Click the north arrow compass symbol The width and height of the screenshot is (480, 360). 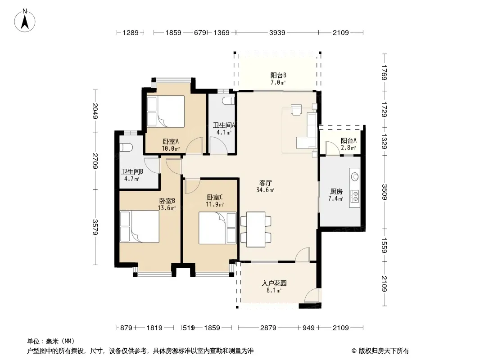pyautogui.click(x=25, y=21)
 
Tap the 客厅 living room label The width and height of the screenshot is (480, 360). pyautogui.click(x=265, y=183)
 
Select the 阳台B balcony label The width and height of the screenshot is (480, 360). pyautogui.click(x=278, y=75)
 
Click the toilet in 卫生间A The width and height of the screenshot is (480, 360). pyautogui.click(x=229, y=100)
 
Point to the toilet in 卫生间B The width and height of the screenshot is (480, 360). pyautogui.click(x=126, y=147)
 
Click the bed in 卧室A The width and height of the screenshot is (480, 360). pyautogui.click(x=166, y=111)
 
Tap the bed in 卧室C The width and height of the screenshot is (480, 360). pyautogui.click(x=217, y=228)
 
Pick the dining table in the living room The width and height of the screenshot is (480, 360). pyautogui.click(x=256, y=229)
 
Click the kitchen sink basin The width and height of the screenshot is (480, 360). pyautogui.click(x=355, y=176)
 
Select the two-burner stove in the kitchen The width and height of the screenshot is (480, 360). pyautogui.click(x=355, y=196)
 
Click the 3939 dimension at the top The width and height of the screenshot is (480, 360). pyautogui.click(x=277, y=32)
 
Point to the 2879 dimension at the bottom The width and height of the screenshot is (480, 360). pyautogui.click(x=268, y=328)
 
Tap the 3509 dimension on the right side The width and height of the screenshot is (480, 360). pyautogui.click(x=385, y=192)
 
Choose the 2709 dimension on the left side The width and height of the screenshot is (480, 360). pyautogui.click(x=95, y=161)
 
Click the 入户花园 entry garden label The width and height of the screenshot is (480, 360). pyautogui.click(x=274, y=283)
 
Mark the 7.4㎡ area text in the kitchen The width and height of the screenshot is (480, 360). pyautogui.click(x=335, y=199)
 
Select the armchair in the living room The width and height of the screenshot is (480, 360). pyautogui.click(x=296, y=110)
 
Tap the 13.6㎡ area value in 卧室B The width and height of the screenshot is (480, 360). pyautogui.click(x=167, y=208)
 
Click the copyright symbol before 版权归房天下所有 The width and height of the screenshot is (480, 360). pyautogui.click(x=354, y=351)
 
